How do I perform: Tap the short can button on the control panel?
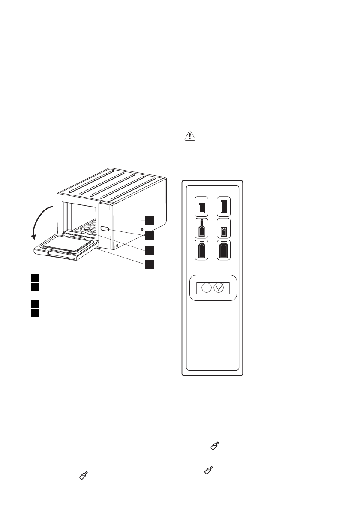201,207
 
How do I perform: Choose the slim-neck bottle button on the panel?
201,228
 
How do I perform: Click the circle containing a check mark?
219,288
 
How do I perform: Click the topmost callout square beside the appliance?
150,220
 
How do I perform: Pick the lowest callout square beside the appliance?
150,264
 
